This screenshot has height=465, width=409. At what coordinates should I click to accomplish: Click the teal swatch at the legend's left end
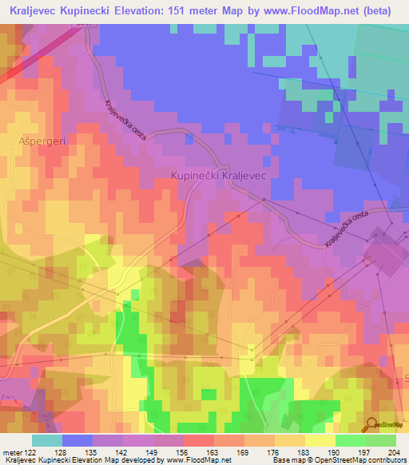pos(47,439)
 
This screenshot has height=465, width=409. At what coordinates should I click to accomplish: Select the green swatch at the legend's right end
pos(380,439)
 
